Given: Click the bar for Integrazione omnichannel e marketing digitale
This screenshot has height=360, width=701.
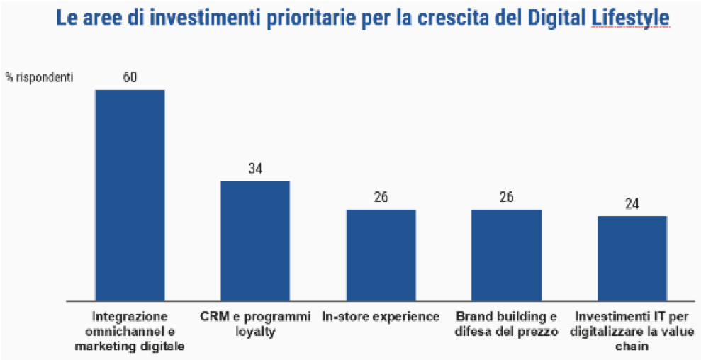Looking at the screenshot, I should pyautogui.click(x=130, y=195).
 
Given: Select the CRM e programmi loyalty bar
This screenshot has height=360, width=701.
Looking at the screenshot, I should pyautogui.click(x=255, y=241).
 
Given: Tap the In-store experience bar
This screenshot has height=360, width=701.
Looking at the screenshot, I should pyautogui.click(x=381, y=255).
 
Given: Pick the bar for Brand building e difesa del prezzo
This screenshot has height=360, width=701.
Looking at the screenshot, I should pyautogui.click(x=506, y=255).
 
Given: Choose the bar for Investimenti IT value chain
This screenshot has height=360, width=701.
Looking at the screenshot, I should pyautogui.click(x=632, y=258).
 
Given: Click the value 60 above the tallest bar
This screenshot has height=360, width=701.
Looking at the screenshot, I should pyautogui.click(x=130, y=77).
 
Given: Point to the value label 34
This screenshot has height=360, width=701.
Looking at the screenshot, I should pyautogui.click(x=255, y=169).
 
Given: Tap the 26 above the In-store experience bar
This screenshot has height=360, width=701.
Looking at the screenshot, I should pyautogui.click(x=381, y=197).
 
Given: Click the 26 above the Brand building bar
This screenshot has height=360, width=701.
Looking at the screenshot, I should pyautogui.click(x=506, y=197).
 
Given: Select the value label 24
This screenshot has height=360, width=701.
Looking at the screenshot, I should pyautogui.click(x=632, y=204).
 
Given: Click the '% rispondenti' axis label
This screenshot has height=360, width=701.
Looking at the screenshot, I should pyautogui.click(x=40, y=77).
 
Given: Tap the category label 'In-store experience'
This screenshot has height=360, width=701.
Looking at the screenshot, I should pyautogui.click(x=381, y=316).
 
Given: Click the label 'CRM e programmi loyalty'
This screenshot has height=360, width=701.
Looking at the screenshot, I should pyautogui.click(x=255, y=323).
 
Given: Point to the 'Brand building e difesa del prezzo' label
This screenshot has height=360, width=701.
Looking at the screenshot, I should pyautogui.click(x=506, y=323).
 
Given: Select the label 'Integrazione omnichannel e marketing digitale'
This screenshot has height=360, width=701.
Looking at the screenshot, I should pyautogui.click(x=130, y=330).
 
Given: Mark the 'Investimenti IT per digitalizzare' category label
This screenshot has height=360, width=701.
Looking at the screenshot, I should pyautogui.click(x=632, y=330).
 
